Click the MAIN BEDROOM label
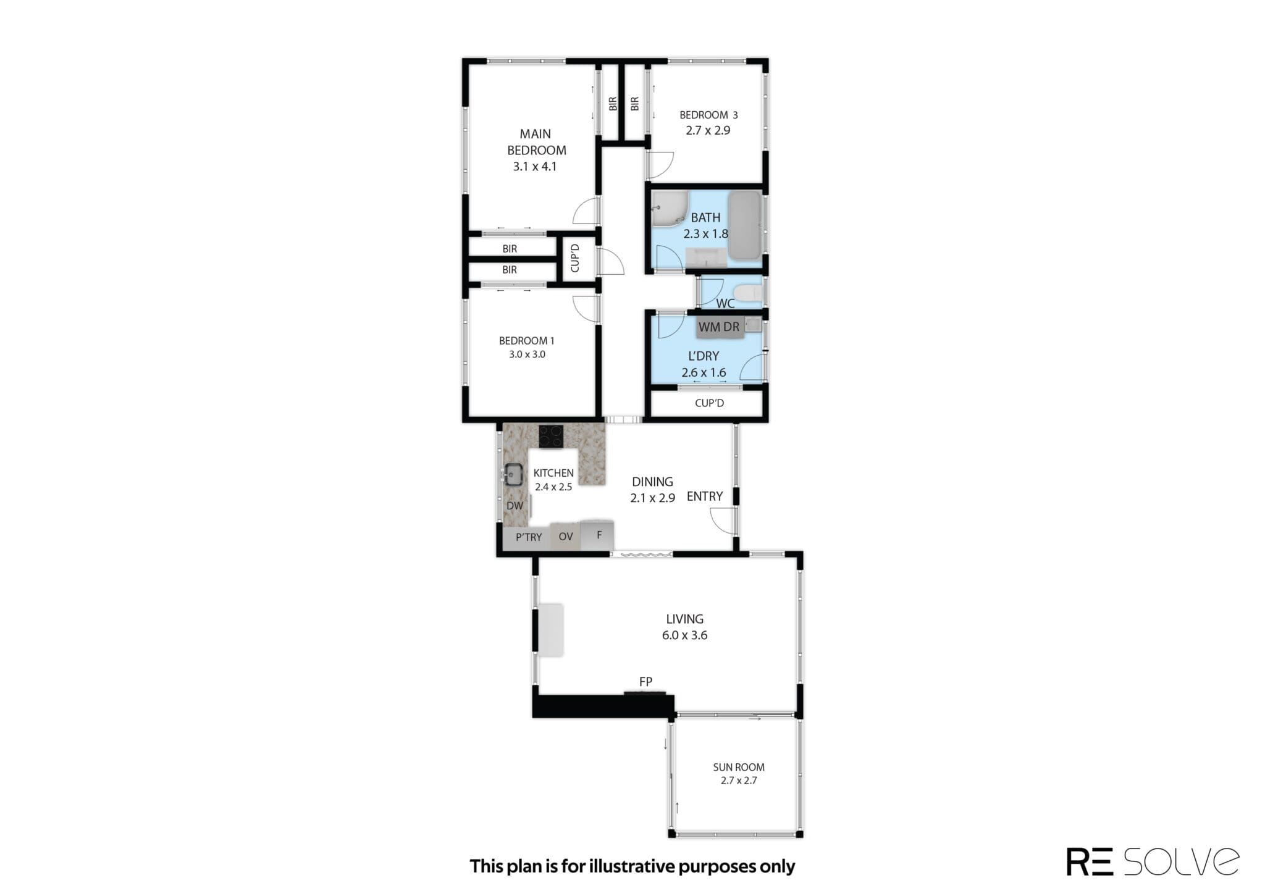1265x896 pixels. [x=536, y=142]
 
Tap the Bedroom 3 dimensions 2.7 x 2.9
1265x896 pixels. [x=708, y=130]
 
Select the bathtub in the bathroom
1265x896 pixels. [x=744, y=225]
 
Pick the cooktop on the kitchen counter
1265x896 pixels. [x=551, y=437]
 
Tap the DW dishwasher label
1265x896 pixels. [x=515, y=506]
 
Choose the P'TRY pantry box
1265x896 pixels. [x=528, y=537]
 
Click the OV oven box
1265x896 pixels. [x=566, y=536]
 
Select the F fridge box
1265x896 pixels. [x=598, y=535]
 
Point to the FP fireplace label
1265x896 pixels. [x=645, y=682]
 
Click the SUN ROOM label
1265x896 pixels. [x=739, y=767]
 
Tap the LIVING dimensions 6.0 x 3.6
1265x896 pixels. [x=684, y=635]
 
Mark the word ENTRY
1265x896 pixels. [x=705, y=496]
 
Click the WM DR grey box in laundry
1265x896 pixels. [x=719, y=327]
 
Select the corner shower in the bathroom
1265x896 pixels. [x=669, y=208]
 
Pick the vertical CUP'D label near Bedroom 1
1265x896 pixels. [x=575, y=258]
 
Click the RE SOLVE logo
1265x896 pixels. [x=1153, y=861]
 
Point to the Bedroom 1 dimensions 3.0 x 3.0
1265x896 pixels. [x=527, y=354]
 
